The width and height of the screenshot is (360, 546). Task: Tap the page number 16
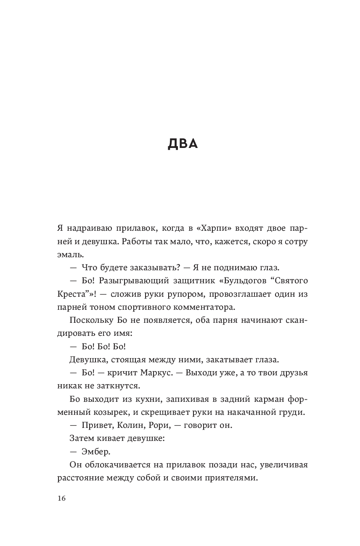(61, 498)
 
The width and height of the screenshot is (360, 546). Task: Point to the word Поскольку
(87, 321)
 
